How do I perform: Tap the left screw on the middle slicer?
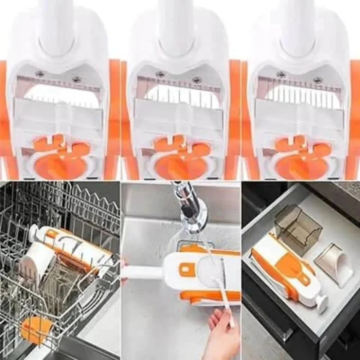coord(159,74)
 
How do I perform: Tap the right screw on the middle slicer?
coord(197,79)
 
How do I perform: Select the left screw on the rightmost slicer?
coord(279,74)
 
